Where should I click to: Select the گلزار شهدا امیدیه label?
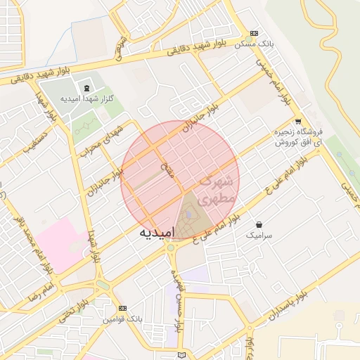click(x=87, y=99)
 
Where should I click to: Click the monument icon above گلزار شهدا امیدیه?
click(x=86, y=88)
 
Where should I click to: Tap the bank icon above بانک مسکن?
click(x=254, y=33)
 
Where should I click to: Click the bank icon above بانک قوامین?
click(x=123, y=309)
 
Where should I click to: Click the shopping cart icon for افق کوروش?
click(x=298, y=121)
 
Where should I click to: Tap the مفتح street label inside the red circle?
click(x=166, y=169)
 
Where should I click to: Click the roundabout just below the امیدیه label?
click(x=170, y=247)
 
